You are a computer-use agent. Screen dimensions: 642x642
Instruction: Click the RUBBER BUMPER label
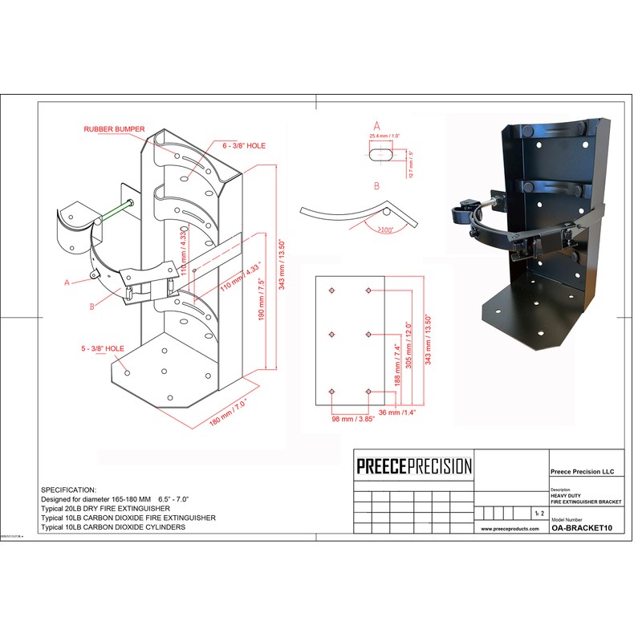click(115, 128)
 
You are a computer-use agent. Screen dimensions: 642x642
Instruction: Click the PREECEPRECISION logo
click(414, 466)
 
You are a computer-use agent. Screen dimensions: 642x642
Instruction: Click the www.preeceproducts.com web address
click(509, 530)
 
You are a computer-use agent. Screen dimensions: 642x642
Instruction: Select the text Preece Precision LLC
click(582, 472)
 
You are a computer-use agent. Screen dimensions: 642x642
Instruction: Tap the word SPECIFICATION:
click(68, 489)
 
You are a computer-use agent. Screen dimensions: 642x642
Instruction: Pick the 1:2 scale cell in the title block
click(526, 511)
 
